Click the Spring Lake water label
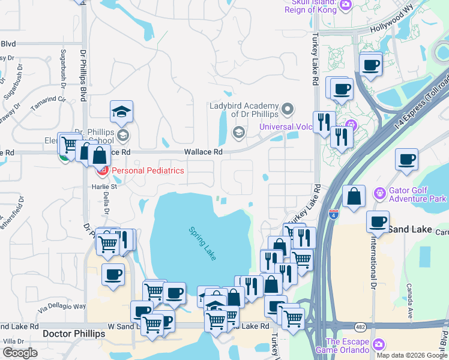coord(202,242)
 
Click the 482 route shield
coord(359,326)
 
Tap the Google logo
coord(20,353)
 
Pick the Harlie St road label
coord(104,187)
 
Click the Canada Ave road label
coord(410,301)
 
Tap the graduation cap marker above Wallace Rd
coord(122,112)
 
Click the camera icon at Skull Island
coord(345,5)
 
